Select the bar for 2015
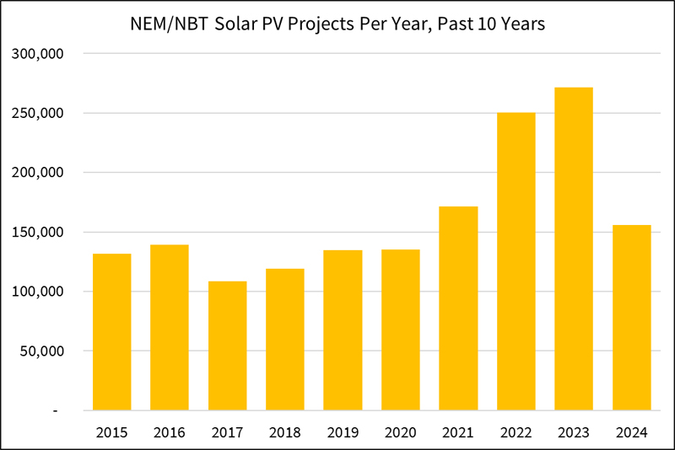(x=111, y=332)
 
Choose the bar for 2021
(x=458, y=308)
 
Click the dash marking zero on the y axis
(x=55, y=410)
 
